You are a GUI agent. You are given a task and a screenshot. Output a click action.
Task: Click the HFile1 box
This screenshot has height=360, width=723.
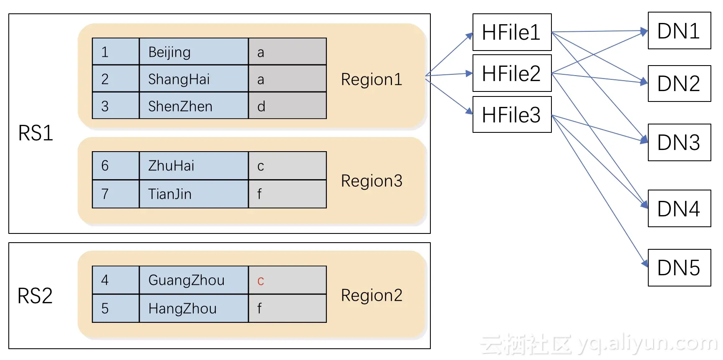512,32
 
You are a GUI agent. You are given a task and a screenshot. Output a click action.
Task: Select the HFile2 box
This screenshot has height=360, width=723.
512,73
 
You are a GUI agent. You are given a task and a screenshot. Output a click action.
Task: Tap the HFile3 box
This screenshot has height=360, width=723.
512,114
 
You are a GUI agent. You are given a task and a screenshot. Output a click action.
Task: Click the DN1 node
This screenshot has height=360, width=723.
679,31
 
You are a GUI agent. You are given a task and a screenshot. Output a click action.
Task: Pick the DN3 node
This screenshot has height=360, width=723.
679,142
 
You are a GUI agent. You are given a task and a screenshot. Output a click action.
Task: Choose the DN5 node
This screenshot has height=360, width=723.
679,268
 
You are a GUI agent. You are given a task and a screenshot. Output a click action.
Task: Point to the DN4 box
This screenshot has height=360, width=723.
679,208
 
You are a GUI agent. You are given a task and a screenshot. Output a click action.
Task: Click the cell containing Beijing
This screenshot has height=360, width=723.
194,52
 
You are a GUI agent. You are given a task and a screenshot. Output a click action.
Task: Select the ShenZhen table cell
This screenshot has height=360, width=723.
194,106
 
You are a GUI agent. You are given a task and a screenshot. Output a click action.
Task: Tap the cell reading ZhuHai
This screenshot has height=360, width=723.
194,166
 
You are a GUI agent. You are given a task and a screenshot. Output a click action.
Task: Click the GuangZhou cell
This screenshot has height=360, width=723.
194,280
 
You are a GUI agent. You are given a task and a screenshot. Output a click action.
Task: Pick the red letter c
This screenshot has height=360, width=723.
261,281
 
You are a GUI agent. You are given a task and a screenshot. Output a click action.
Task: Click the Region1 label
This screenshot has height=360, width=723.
372,79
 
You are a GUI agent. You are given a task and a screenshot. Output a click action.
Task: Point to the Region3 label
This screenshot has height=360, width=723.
372,181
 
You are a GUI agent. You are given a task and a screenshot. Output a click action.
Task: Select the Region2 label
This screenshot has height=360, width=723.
372,295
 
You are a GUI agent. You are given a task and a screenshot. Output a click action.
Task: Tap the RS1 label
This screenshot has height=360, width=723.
36,133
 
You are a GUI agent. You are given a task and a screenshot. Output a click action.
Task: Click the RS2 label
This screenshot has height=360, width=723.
35,296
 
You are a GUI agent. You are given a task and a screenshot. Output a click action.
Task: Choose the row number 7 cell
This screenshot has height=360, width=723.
115,194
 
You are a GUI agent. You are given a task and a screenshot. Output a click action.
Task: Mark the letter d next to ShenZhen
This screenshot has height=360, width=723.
261,106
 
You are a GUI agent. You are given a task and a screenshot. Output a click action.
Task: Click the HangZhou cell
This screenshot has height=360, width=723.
194,309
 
